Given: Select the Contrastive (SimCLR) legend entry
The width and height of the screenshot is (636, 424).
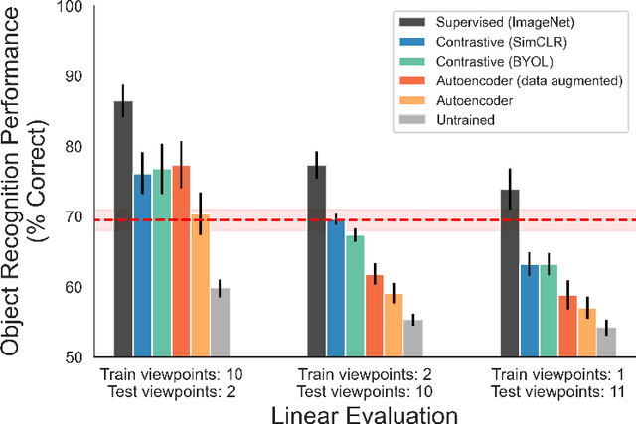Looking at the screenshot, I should (489, 42).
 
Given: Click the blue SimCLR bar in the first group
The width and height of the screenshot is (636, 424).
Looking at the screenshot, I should (142, 265).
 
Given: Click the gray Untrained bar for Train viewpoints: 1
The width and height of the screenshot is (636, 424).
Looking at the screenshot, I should (606, 342).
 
